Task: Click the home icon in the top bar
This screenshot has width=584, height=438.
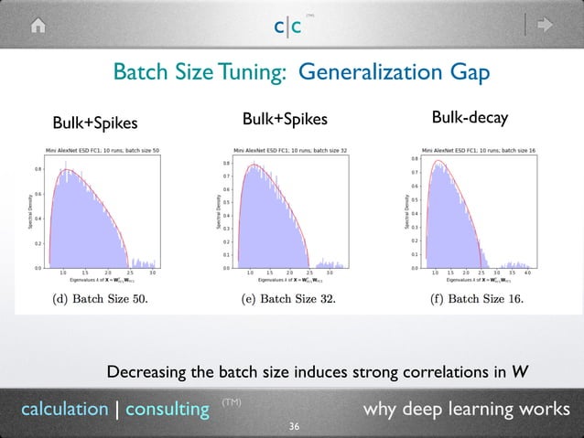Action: [x=38, y=25]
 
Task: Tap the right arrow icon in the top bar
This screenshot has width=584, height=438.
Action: [x=546, y=25]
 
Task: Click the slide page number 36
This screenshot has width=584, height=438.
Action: [x=294, y=426]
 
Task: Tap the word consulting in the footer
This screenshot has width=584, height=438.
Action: [x=167, y=409]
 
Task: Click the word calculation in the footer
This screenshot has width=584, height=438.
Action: [x=64, y=409]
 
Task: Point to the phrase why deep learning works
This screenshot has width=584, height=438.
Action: [x=466, y=409]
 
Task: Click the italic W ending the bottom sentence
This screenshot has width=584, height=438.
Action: [x=519, y=371]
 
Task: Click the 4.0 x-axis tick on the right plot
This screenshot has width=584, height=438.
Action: [x=528, y=272]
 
